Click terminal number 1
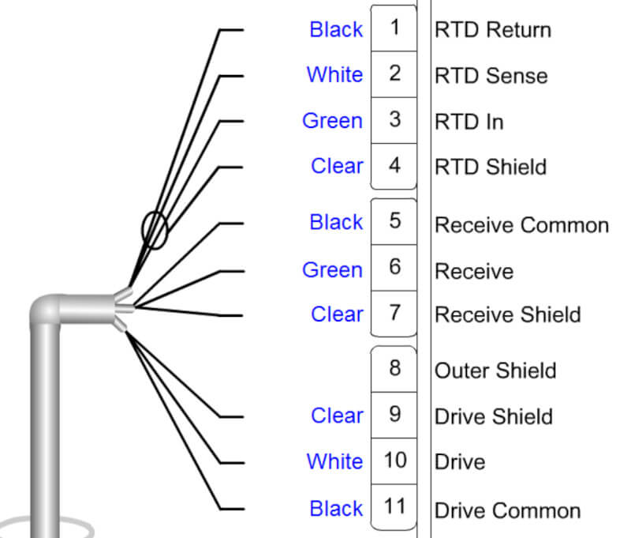point(394,28)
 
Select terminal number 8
point(394,368)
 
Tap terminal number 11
point(394,506)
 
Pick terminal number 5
point(394,220)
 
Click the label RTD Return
point(492,30)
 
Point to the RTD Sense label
point(491,76)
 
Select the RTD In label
point(469,122)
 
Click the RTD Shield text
point(490,167)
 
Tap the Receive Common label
point(521,225)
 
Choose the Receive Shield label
point(507,315)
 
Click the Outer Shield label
point(495,371)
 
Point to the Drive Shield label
point(493,416)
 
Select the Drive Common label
point(507,511)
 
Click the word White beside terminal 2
point(334,75)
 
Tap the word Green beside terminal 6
point(332,270)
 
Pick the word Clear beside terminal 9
point(337,416)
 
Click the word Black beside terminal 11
point(336,509)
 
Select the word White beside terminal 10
point(334,461)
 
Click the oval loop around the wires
point(155,231)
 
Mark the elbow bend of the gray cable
point(47,310)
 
